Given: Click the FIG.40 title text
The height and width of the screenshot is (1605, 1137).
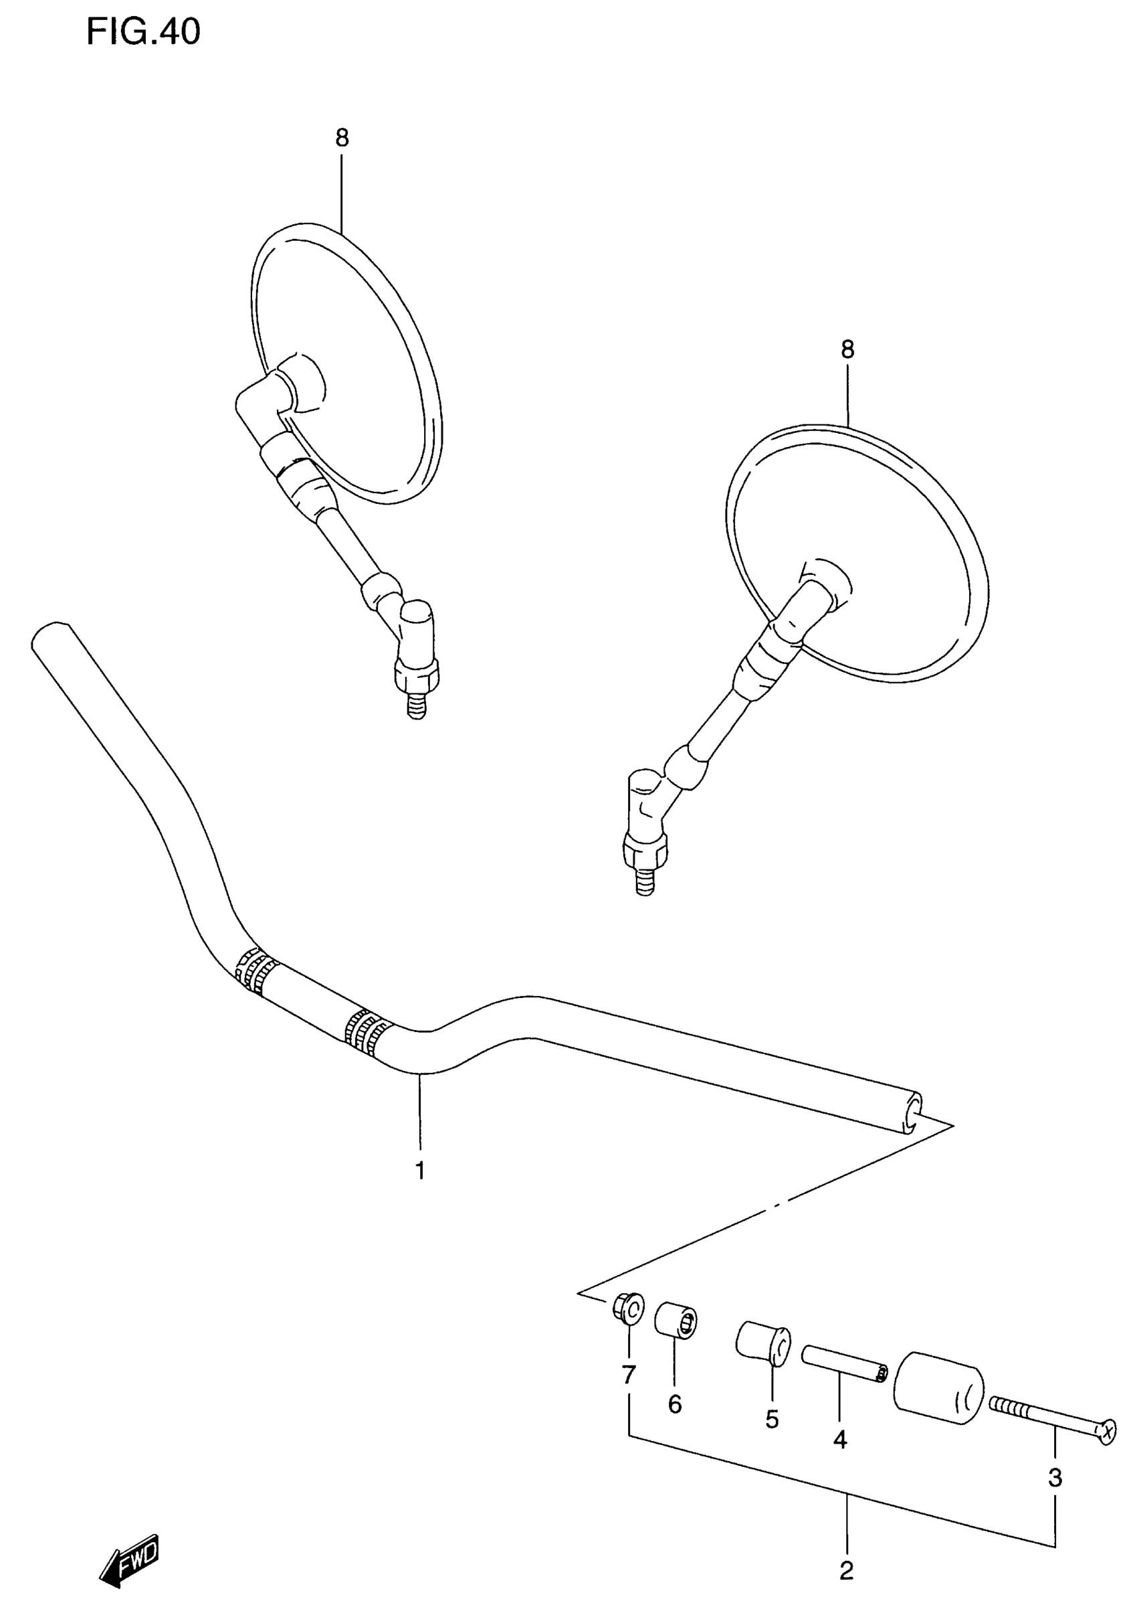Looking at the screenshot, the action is (143, 32).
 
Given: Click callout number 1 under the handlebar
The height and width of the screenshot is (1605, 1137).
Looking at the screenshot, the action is (420, 1170).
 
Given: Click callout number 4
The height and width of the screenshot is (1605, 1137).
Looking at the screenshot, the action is (840, 1440).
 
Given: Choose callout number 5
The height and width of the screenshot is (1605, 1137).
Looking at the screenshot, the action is (772, 1420).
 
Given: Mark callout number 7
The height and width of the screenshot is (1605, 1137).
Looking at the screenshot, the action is (629, 1375).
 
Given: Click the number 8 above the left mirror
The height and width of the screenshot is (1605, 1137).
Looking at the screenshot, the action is (342, 138).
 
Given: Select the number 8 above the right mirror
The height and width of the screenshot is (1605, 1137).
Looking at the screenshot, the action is (848, 349).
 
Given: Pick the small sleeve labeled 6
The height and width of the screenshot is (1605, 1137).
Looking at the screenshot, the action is (675, 1320).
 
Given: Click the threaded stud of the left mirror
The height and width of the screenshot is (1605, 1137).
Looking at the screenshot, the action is (417, 705).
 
